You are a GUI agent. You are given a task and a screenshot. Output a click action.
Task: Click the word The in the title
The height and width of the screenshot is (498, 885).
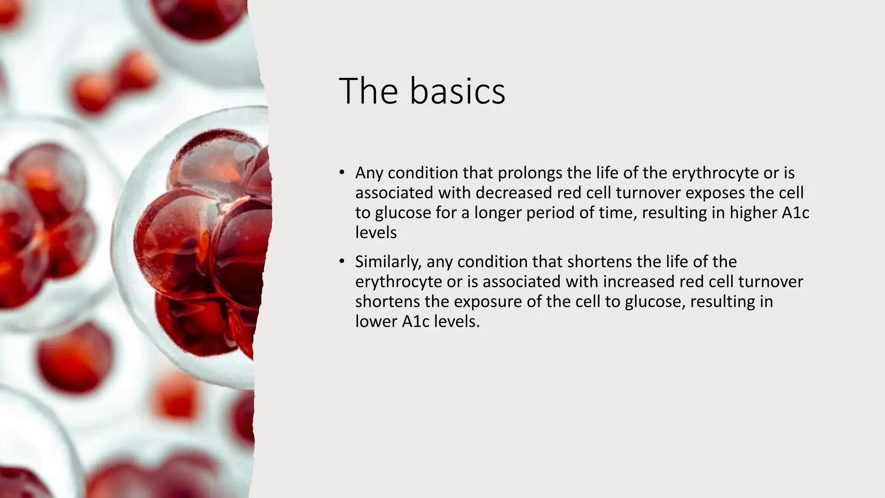click(x=368, y=91)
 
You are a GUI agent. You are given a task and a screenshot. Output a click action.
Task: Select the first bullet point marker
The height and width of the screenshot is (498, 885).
click(x=342, y=173)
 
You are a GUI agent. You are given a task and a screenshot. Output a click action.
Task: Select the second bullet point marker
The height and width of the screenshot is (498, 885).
click(x=342, y=262)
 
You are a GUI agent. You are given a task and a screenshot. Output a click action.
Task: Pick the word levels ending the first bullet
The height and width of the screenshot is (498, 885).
click(x=376, y=233)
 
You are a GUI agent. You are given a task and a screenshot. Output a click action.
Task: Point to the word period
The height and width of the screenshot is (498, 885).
click(x=550, y=213)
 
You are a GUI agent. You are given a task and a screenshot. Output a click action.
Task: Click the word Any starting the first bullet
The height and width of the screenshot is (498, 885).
click(x=369, y=173)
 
